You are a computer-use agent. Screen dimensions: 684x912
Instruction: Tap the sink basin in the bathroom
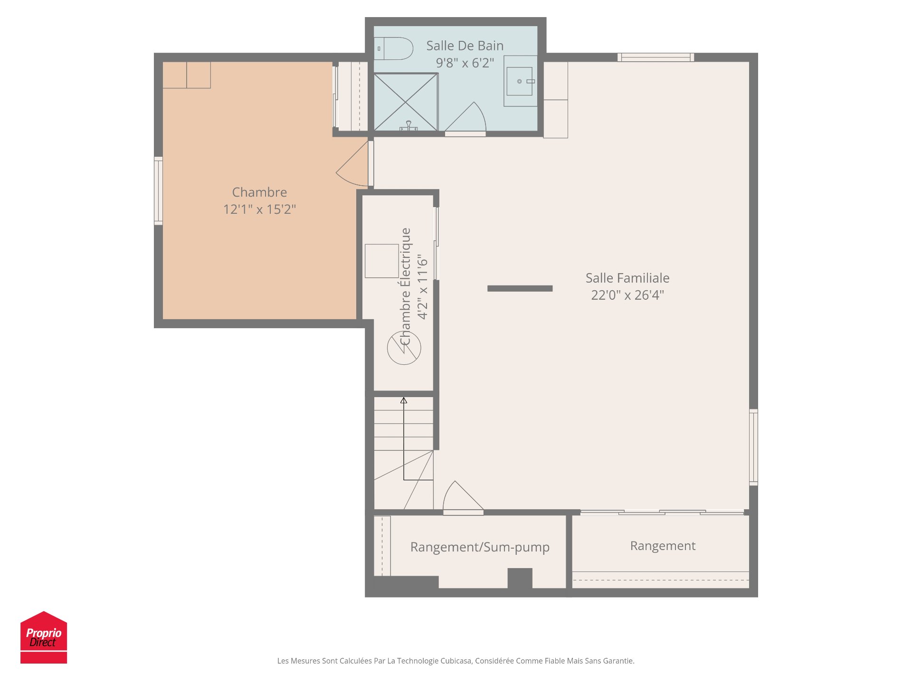tap(519, 81)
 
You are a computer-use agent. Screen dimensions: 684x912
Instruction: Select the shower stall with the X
tap(406, 102)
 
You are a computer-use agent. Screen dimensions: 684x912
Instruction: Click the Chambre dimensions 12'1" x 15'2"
tap(259, 209)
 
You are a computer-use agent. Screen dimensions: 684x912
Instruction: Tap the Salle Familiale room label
tap(627, 278)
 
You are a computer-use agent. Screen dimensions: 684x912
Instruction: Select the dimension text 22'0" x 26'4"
tap(627, 295)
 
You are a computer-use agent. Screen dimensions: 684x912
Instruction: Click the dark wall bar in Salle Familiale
tap(520, 288)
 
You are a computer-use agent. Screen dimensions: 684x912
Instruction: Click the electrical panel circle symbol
tap(404, 348)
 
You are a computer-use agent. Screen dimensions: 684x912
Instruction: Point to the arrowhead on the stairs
tap(404, 400)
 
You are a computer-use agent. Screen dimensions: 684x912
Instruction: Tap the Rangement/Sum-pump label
tap(480, 547)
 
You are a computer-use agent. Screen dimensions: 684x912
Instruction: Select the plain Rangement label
tap(663, 546)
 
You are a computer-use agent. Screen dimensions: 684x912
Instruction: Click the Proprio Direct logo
tap(44, 637)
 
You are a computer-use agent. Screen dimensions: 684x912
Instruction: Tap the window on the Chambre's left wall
tap(158, 190)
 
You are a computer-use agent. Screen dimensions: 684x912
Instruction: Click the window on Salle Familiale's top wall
tap(655, 57)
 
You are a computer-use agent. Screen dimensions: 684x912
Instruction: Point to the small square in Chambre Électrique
tap(381, 261)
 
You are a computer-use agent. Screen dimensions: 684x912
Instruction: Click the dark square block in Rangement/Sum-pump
tap(520, 578)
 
